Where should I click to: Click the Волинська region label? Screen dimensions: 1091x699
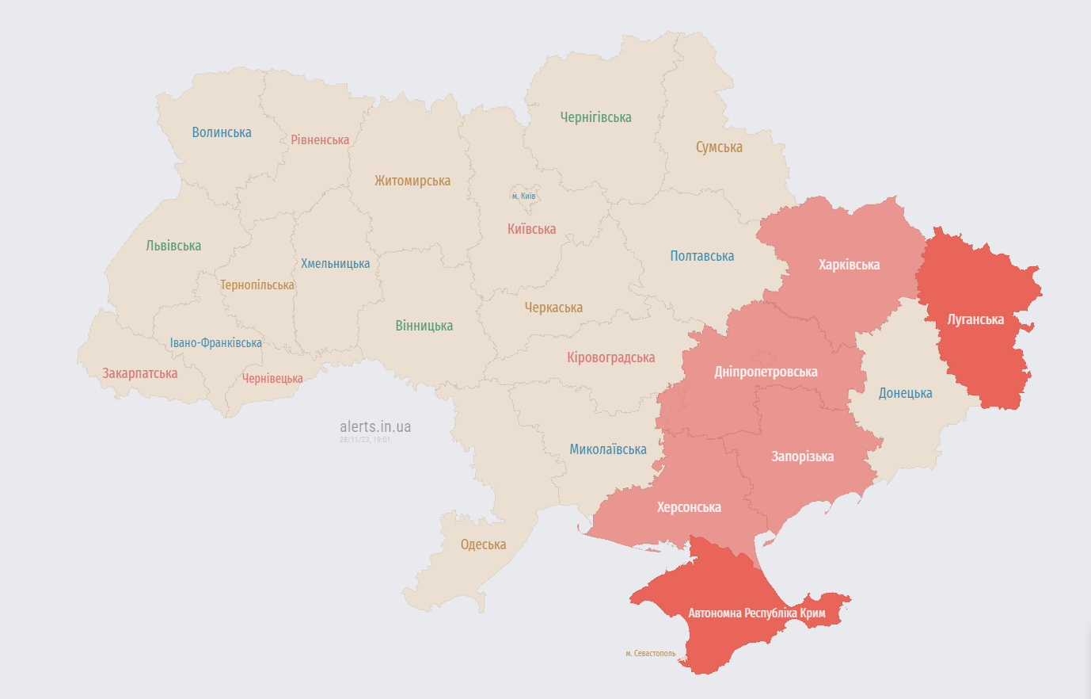pyautogui.click(x=222, y=132)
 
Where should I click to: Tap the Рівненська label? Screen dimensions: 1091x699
pyautogui.click(x=320, y=139)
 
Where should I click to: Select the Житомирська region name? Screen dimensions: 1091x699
pyautogui.click(x=412, y=181)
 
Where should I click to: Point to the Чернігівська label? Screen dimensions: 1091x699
pyautogui.click(x=595, y=117)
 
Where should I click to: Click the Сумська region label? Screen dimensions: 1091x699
pyautogui.click(x=719, y=147)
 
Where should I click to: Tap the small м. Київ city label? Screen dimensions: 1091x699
pyautogui.click(x=523, y=196)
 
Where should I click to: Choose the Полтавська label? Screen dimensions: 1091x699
pyautogui.click(x=701, y=256)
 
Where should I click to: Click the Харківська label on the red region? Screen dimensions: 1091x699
pyautogui.click(x=849, y=265)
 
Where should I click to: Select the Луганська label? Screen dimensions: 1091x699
pyautogui.click(x=975, y=319)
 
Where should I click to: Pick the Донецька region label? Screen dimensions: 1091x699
pyautogui.click(x=905, y=393)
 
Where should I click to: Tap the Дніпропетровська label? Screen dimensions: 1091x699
pyautogui.click(x=766, y=372)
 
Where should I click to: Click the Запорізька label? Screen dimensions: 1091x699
pyautogui.click(x=802, y=456)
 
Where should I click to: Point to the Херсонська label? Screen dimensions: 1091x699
pyautogui.click(x=689, y=507)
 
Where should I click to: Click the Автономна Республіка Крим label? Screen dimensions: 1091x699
pyautogui.click(x=756, y=613)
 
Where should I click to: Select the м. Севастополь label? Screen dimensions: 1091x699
pyautogui.click(x=651, y=654)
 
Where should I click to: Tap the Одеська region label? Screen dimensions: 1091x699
pyautogui.click(x=483, y=544)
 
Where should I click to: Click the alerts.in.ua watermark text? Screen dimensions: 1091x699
pyautogui.click(x=375, y=426)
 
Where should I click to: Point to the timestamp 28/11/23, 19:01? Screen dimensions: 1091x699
pyautogui.click(x=365, y=439)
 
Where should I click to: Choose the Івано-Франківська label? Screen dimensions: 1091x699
pyautogui.click(x=215, y=343)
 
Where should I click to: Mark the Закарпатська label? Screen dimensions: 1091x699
pyautogui.click(x=139, y=373)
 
